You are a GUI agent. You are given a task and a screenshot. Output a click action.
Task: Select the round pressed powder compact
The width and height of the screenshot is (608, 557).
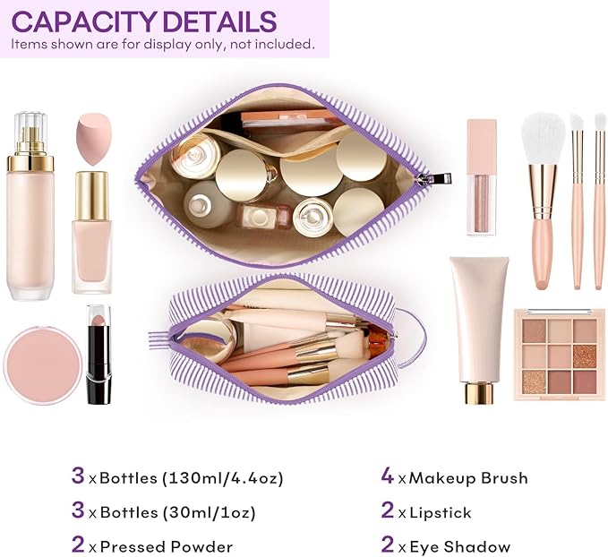point(42,364)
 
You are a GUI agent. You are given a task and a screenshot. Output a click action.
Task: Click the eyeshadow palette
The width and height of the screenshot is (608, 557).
point(559,355)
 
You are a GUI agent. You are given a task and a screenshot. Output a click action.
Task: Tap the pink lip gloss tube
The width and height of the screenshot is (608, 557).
point(481,177)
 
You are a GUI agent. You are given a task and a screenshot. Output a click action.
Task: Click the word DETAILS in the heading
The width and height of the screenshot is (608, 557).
point(222,21)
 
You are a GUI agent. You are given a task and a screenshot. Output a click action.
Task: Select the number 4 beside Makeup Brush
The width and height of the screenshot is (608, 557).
point(387,476)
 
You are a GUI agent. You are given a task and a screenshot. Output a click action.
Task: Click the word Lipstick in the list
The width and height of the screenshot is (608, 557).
point(439,513)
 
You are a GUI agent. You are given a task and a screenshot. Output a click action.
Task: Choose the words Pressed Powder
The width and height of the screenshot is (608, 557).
point(167,546)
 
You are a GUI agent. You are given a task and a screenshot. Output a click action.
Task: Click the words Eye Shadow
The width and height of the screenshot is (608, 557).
point(458,546)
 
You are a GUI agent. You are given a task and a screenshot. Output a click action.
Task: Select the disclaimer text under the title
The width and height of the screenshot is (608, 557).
point(163,44)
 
